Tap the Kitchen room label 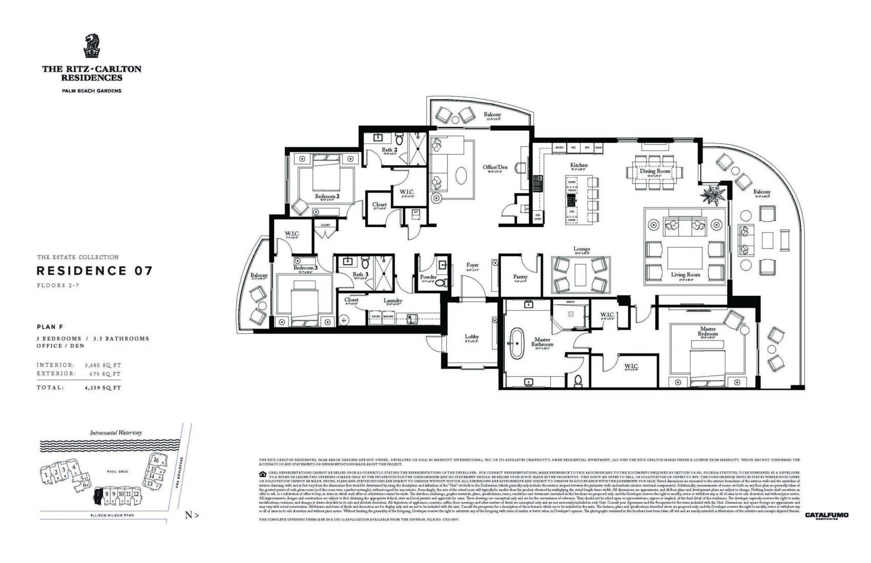578,165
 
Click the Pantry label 520,277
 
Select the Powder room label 428,277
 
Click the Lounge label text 582,249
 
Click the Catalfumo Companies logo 826,515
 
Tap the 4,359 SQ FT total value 103,388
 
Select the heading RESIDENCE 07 94,271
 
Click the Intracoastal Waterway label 116,432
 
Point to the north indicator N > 191,515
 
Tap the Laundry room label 393,301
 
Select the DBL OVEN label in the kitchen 538,217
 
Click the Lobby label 472,337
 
